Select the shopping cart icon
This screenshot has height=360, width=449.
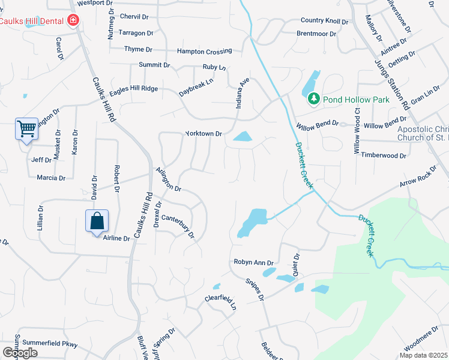[x=26, y=128]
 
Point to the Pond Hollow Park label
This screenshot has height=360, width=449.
[x=356, y=100]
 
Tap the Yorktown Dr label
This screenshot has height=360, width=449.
[x=204, y=134]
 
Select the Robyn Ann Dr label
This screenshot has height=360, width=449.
[x=253, y=263]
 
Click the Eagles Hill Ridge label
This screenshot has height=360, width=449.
[x=134, y=89]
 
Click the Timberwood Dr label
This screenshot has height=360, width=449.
[x=384, y=155]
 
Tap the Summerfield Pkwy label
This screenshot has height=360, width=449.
[x=50, y=343]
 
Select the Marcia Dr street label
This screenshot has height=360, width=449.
[x=51, y=178]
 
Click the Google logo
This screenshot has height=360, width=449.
[x=19, y=353]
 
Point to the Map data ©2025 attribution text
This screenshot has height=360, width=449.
[x=423, y=355]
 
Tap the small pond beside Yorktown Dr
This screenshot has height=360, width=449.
[x=243, y=137]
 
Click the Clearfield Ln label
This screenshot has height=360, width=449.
[x=221, y=302]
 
